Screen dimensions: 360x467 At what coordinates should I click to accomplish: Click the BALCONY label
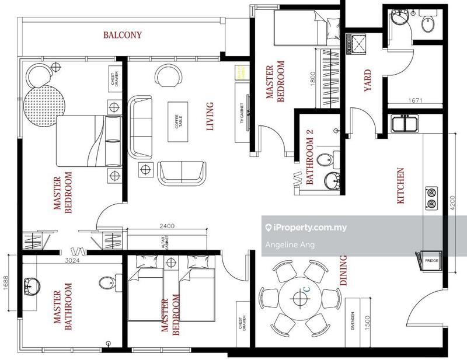(x=123, y=35)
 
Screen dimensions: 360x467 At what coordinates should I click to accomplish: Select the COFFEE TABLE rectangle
(x=178, y=121)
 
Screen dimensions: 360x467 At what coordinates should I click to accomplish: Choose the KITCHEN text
(x=400, y=186)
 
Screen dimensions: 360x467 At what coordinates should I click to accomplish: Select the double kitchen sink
(x=404, y=124)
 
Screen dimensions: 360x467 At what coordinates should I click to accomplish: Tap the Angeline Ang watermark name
(x=290, y=244)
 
